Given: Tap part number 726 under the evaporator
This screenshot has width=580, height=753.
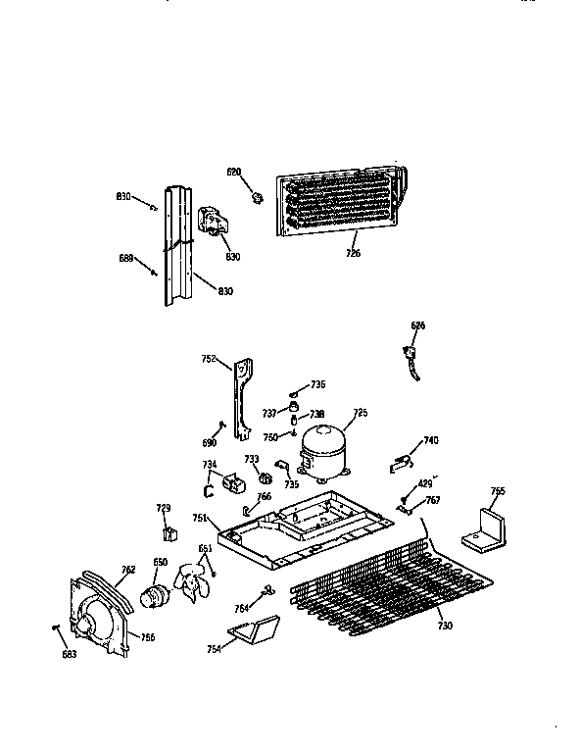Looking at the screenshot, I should click(x=353, y=253).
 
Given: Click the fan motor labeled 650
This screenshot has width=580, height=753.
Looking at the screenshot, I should click(x=156, y=594).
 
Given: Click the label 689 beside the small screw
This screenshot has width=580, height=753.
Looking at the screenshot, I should click(x=126, y=259).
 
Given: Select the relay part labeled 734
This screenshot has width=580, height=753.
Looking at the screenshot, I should click(x=209, y=464).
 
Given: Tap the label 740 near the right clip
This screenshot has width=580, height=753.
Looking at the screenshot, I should click(x=431, y=440).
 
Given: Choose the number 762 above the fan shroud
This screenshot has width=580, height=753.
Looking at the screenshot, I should click(x=127, y=570).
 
